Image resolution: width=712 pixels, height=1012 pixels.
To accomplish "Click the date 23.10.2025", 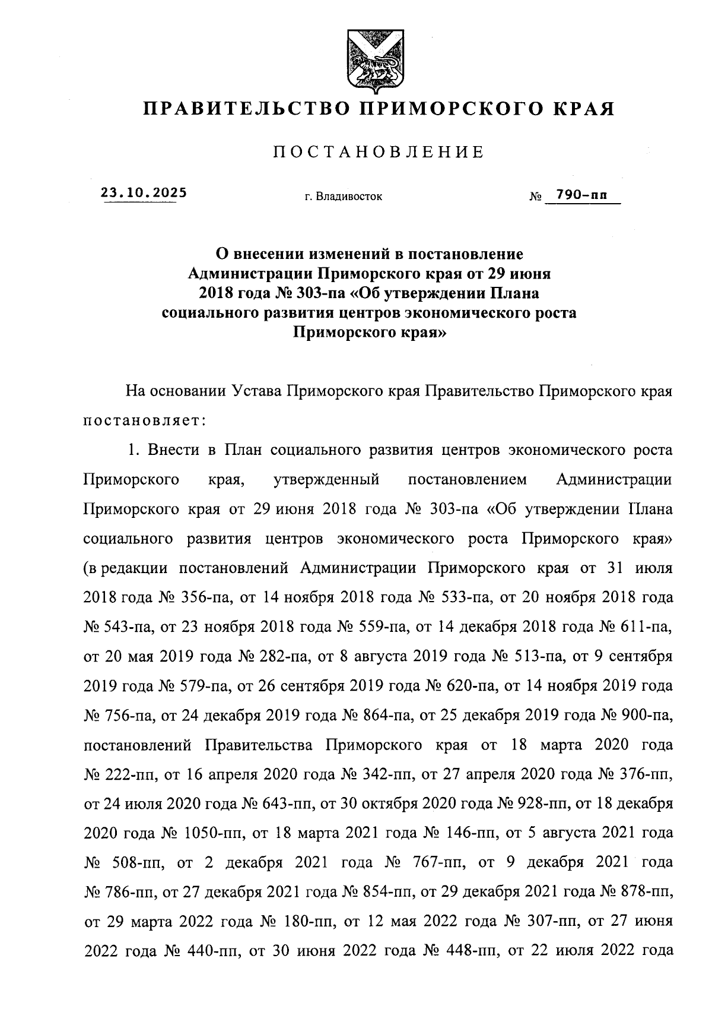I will click(143, 192).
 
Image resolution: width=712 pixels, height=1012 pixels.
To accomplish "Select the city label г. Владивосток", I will click(344, 197).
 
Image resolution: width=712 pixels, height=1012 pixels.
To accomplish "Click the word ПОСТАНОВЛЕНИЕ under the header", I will click(379, 153).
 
